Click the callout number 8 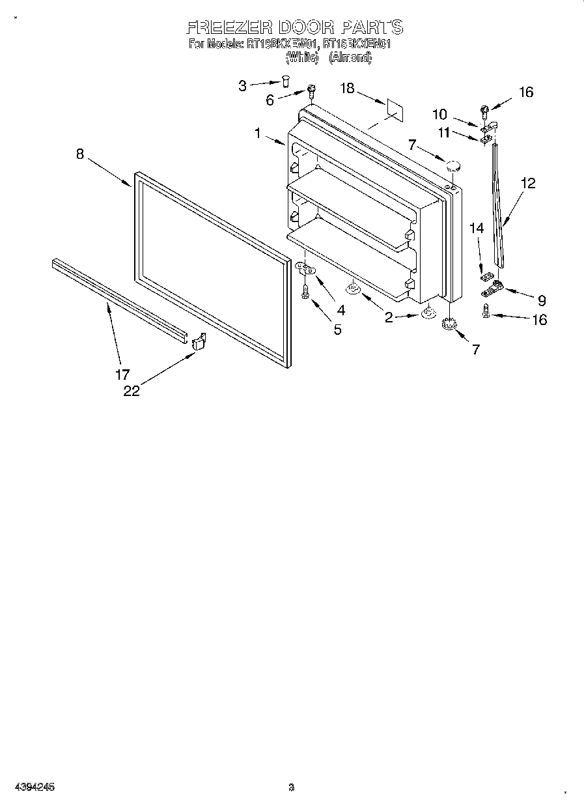(x=79, y=154)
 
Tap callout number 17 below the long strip (x=122, y=374)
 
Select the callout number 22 (x=132, y=391)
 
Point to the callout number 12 (x=527, y=184)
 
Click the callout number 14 (x=477, y=228)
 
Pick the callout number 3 (x=242, y=85)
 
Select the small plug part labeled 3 (x=285, y=81)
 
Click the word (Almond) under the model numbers (x=350, y=57)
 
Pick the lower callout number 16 (x=539, y=319)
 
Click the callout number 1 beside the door (x=258, y=133)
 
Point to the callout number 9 (x=542, y=300)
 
